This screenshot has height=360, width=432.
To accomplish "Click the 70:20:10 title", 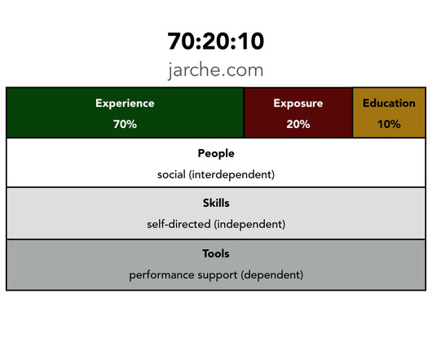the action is [x=216, y=41].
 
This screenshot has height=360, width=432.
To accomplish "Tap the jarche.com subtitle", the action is [x=216, y=70].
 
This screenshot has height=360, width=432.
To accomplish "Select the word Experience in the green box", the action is [x=125, y=103].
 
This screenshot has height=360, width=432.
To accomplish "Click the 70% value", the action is [x=125, y=124].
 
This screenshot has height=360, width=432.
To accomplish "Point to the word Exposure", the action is [x=298, y=103].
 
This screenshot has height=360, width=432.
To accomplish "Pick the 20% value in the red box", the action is [x=298, y=124].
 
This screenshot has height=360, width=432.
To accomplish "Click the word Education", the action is [x=389, y=103].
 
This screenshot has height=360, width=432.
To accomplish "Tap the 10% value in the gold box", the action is [x=389, y=124].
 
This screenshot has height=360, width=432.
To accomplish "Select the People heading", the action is [x=216, y=154].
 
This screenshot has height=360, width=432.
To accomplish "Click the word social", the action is [x=171, y=174].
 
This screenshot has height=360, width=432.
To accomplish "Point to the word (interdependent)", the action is [x=231, y=175].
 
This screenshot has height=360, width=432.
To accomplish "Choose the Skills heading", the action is [x=216, y=203].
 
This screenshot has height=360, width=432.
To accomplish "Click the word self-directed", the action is [x=179, y=224].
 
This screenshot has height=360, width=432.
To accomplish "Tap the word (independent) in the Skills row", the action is [x=249, y=225].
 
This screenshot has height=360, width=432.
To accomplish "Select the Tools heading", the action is [x=216, y=253].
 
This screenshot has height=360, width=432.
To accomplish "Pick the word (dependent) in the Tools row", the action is [x=272, y=275].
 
